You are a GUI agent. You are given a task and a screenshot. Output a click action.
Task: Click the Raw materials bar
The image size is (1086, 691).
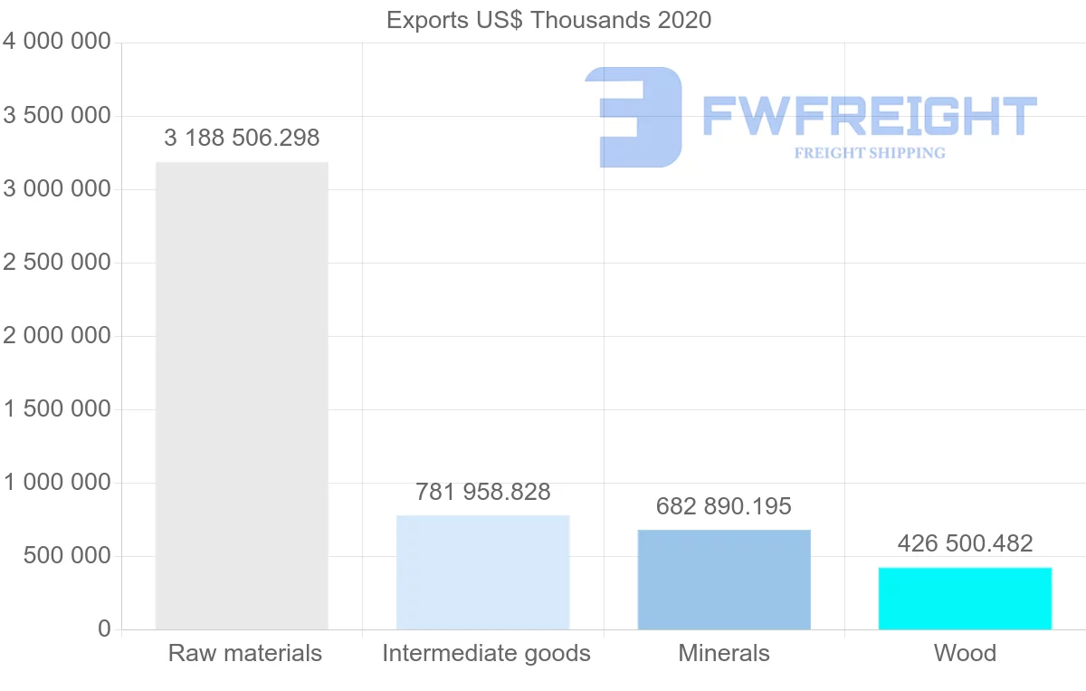[x=242, y=395]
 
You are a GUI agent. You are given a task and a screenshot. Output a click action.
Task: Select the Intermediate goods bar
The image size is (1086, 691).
[x=482, y=571]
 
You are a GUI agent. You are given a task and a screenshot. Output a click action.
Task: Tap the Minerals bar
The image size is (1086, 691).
[x=724, y=579]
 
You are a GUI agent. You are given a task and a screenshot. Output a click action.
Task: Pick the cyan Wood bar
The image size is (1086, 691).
[x=965, y=598]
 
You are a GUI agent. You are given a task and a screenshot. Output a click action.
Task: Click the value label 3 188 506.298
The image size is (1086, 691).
[x=242, y=139]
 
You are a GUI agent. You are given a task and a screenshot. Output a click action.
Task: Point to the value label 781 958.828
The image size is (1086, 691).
[x=482, y=492]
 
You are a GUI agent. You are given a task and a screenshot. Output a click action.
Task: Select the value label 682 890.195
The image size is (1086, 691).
[x=724, y=506]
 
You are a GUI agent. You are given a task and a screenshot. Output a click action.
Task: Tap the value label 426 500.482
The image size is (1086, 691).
[x=965, y=543]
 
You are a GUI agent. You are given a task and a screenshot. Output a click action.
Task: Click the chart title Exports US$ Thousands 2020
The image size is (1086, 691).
[x=548, y=20]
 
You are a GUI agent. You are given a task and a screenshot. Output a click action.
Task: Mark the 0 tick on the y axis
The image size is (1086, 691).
[x=104, y=629]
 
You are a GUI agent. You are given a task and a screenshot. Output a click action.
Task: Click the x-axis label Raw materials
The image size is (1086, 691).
[x=244, y=653]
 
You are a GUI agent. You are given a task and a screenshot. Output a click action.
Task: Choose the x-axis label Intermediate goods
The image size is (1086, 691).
[x=486, y=653]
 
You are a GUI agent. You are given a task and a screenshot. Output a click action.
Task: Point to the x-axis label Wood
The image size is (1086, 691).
[x=965, y=653]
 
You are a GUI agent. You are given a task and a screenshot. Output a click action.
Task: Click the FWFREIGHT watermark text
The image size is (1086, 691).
[x=869, y=117]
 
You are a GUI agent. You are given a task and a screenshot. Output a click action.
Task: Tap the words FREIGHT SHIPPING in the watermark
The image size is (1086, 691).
[x=869, y=153]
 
